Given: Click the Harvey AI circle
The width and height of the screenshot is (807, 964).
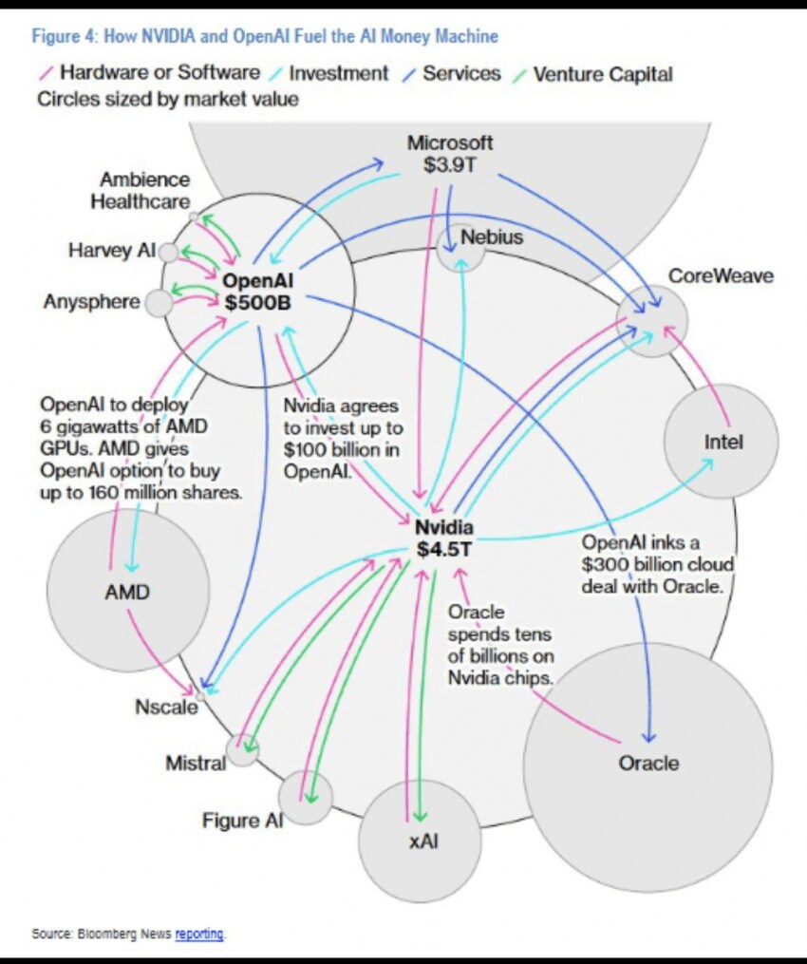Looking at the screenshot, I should (x=168, y=253).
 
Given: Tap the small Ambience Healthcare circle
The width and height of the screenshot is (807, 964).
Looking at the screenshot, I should (x=194, y=217).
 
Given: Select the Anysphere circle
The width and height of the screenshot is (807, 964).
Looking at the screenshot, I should (x=159, y=304).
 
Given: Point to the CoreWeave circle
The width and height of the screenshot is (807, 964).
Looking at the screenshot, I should (x=651, y=321).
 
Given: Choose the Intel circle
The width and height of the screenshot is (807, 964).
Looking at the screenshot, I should (x=722, y=442).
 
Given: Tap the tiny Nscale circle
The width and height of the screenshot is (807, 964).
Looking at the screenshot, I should (x=199, y=696).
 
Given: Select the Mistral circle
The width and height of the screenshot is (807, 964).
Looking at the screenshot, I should (x=243, y=750).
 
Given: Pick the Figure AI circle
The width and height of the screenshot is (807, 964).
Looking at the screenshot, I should (x=306, y=798).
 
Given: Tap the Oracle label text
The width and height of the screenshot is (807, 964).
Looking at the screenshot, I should (x=648, y=763).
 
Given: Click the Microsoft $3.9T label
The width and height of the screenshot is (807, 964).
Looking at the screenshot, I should (x=450, y=153).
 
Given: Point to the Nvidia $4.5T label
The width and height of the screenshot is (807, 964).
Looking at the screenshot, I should (x=444, y=538).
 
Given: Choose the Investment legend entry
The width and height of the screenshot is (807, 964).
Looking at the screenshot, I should (x=338, y=73).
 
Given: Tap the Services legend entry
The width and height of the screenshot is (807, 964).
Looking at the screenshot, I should (x=460, y=73).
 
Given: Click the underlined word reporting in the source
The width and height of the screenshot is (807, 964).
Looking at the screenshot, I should (x=199, y=934).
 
